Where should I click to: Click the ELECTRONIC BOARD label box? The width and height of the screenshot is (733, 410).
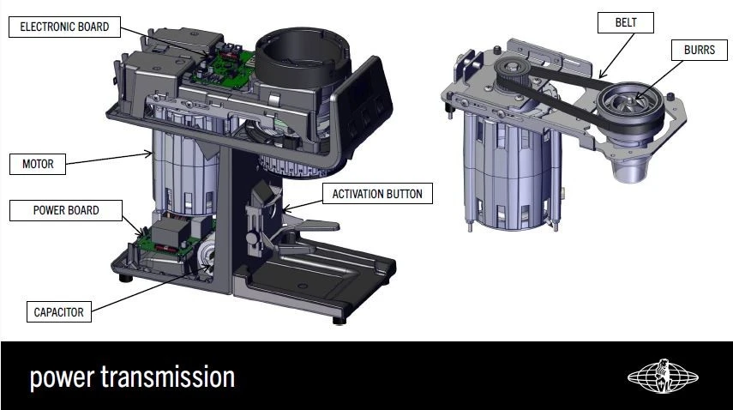click(x=64, y=27)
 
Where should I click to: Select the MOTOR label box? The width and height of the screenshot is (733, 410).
click(x=38, y=164)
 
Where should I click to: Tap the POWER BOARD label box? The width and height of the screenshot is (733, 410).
click(x=66, y=210)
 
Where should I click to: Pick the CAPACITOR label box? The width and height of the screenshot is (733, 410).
click(x=59, y=312)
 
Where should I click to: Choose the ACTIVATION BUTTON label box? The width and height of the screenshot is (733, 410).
click(x=377, y=194)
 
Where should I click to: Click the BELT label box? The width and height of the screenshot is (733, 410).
click(x=626, y=22)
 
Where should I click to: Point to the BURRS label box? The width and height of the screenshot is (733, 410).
click(x=700, y=50)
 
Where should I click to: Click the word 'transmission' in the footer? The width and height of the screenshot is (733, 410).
click(x=168, y=377)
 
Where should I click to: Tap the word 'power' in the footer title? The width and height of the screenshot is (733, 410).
click(x=62, y=378)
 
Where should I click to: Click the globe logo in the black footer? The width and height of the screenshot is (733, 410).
click(x=663, y=377)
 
